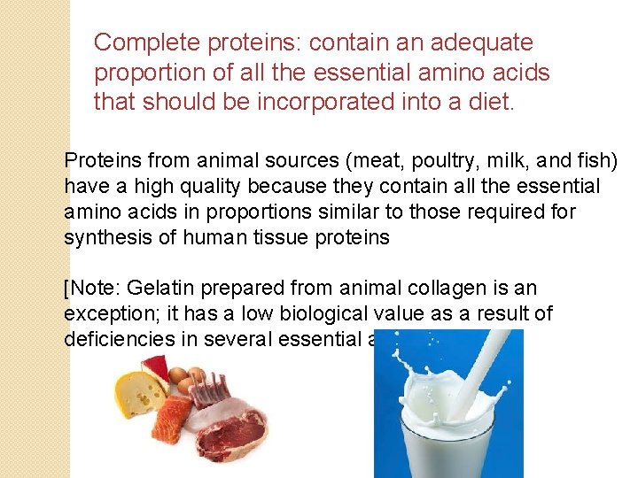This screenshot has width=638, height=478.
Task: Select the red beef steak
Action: pyautogui.click(x=234, y=434)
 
